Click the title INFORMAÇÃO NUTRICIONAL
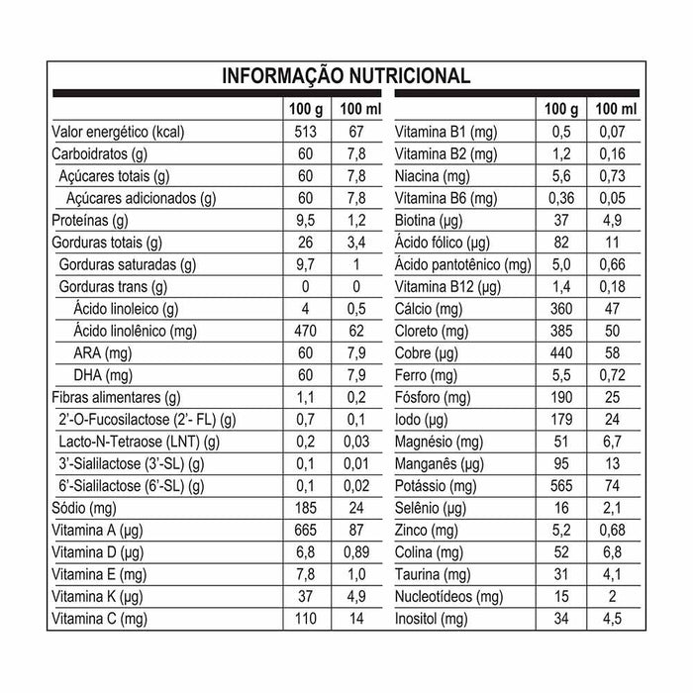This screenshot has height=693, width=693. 346,76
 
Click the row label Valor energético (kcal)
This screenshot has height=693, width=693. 118,131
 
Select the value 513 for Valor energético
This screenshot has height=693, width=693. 303,131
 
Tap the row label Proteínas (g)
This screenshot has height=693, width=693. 90,220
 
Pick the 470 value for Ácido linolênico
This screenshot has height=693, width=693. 303,331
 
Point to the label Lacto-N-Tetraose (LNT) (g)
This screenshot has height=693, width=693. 139,442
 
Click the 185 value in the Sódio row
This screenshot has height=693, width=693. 303,508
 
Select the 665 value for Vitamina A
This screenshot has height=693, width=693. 303,531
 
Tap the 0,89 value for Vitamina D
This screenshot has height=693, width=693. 355,552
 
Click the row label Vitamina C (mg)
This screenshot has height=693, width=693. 98,619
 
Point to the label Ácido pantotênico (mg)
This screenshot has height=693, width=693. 462,264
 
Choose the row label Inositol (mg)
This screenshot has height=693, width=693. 431,619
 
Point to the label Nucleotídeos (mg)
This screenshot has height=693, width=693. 448,597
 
